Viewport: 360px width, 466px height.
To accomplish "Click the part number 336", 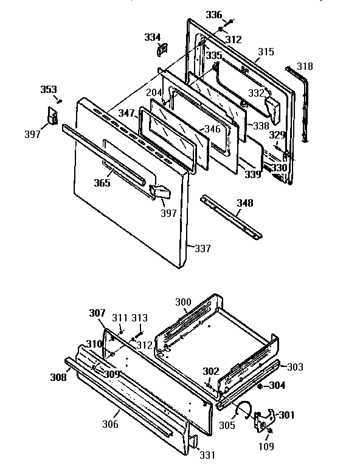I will pyautogui.click(x=213, y=15).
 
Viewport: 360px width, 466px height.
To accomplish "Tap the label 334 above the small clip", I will pyautogui.click(x=152, y=37).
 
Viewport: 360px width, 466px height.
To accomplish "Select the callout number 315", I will pyautogui.click(x=266, y=52).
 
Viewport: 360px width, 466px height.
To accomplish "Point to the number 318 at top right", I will pyautogui.click(x=305, y=66).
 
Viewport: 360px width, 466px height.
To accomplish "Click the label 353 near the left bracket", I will pyautogui.click(x=48, y=89).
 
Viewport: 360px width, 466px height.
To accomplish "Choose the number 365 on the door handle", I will pyautogui.click(x=102, y=183).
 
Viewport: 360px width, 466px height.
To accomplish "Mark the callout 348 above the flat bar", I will pyautogui.click(x=245, y=202).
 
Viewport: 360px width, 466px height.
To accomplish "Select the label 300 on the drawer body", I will pyautogui.click(x=183, y=301).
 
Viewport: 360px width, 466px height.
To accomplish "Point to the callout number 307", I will pyautogui.click(x=97, y=313).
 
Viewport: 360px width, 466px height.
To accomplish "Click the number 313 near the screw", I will pyautogui.click(x=139, y=317).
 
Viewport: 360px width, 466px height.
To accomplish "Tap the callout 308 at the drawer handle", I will pyautogui.click(x=58, y=377).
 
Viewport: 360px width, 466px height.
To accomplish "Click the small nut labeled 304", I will pyautogui.click(x=260, y=386).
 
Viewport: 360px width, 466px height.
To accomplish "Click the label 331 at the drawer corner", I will pyautogui.click(x=207, y=454).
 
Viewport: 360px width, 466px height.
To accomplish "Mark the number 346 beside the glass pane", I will pyautogui.click(x=212, y=129).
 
